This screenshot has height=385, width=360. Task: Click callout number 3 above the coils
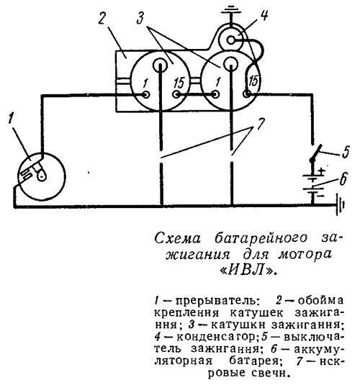141,17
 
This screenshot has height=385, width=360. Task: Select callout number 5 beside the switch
345,153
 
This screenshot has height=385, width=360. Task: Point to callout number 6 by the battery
343,178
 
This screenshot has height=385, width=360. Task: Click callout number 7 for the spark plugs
261,124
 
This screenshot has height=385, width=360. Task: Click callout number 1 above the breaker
11,119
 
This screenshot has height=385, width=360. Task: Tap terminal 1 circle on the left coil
146,94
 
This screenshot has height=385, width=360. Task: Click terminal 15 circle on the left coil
176,94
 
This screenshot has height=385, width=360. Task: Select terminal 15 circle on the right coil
246,94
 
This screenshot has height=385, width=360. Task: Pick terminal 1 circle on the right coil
216,94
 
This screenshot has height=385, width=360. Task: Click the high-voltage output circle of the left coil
161,64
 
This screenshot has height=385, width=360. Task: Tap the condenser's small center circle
231,40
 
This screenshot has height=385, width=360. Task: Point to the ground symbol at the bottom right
341,204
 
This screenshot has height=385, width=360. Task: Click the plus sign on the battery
321,171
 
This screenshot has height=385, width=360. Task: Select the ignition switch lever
317,153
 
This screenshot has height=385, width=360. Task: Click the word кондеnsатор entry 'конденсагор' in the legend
217,337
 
